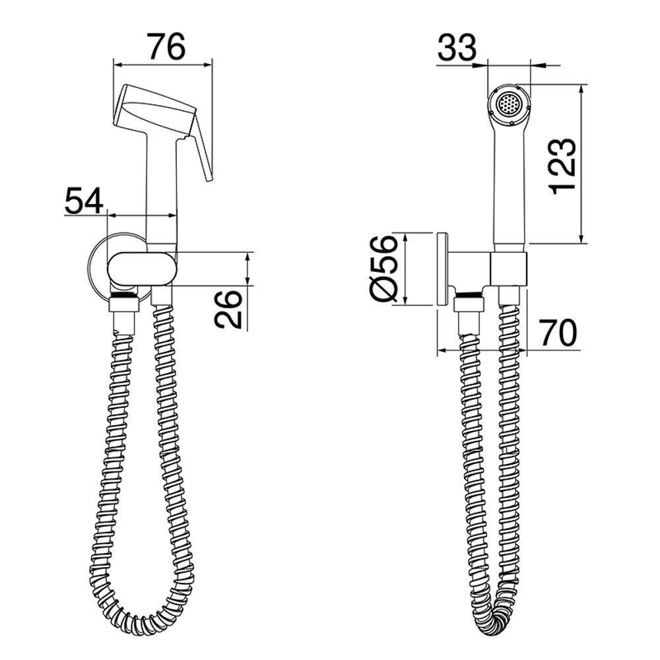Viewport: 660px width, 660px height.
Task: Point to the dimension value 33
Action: (456, 48)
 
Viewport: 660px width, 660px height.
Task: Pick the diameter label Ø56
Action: (384, 269)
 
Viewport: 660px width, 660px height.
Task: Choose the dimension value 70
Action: (558, 333)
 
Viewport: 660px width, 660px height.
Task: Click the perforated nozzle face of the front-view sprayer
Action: (508, 104)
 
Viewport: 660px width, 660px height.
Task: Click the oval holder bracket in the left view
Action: (142, 269)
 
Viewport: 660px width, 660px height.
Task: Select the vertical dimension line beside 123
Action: (581, 165)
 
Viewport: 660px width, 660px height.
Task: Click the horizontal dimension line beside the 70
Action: (482, 350)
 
